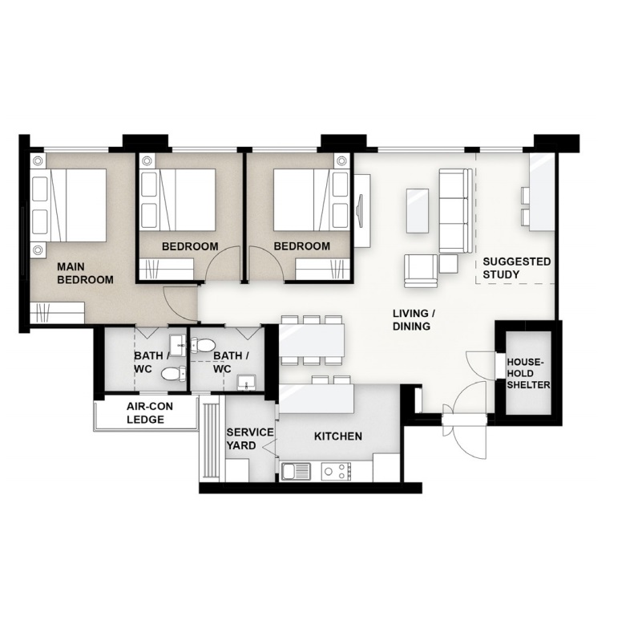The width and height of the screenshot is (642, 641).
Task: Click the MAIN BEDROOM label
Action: tap(85, 274)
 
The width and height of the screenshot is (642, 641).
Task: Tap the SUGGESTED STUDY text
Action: tap(516, 268)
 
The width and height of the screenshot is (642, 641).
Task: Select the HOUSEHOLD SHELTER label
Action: tap(528, 373)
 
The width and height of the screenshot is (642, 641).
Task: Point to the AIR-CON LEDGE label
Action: tap(149, 412)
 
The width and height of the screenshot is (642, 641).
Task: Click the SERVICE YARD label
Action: tap(250, 439)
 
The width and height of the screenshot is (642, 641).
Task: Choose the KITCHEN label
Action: tap(337, 436)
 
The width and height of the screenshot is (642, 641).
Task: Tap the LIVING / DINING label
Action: tap(414, 319)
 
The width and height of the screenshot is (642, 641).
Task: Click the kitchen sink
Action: tap(296, 471)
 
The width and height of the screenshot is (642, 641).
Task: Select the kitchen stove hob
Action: tap(336, 472)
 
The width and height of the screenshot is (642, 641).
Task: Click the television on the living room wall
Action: tap(360, 209)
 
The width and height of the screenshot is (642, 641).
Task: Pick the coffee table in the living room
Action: tap(418, 211)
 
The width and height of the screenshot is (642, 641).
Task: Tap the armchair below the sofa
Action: tap(421, 270)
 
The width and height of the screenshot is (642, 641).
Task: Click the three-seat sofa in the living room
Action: tap(455, 210)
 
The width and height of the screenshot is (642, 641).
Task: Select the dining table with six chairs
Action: tap(311, 340)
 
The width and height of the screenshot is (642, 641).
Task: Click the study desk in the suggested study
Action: tap(542, 193)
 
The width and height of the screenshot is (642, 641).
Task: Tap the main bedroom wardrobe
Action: tap(58, 313)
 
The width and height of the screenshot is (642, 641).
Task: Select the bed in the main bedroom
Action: tap(68, 205)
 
